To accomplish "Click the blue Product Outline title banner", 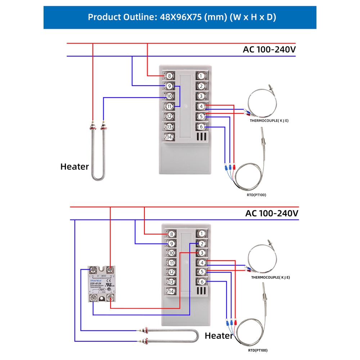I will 180,17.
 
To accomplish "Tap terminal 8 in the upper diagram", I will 169,76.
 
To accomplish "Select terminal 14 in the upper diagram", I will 169,137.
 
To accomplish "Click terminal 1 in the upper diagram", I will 201,76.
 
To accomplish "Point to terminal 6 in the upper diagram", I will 201,127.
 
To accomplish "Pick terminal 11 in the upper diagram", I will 169,107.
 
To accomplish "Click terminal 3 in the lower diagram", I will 202,253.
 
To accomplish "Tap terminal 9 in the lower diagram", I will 171,243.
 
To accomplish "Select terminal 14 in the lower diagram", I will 171,291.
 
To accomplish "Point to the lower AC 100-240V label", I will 272,213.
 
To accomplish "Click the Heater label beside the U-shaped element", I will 75,167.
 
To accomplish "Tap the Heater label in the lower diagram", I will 219,336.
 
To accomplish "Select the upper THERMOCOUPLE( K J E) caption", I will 269,121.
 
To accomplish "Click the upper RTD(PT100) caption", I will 257,195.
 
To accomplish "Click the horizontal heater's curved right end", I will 196,336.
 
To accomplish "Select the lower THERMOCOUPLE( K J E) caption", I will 270,278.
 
